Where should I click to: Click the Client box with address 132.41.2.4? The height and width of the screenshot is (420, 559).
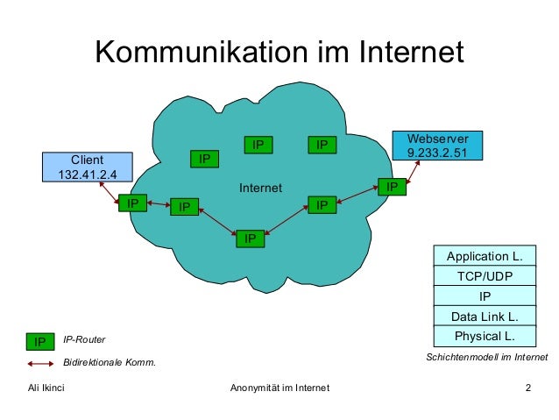pos(88,167)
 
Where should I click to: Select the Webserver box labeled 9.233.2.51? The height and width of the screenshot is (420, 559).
pos(437,146)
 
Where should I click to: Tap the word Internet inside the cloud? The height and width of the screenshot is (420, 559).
pos(260,188)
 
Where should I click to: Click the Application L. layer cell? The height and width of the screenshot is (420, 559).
pos(485,255)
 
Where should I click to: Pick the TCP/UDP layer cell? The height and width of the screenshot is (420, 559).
pos(485,275)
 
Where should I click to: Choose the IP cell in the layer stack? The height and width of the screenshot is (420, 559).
pos(485,295)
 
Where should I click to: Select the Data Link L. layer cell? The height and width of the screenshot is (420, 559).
pos(485,316)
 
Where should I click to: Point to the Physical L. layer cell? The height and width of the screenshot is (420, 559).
pos(485,336)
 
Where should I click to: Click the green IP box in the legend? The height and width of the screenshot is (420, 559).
pos(40,341)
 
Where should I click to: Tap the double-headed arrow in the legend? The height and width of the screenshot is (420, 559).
pos(40,364)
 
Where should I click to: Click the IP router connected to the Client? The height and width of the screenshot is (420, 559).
pos(132,203)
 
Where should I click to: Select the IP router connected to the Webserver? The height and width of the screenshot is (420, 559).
pos(392,187)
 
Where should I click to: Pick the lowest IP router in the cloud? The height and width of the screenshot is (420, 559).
pos(251,238)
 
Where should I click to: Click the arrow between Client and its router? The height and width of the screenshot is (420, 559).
pos(109,192)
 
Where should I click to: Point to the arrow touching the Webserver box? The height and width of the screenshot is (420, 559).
pos(413,172)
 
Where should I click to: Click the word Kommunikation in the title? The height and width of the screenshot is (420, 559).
pos(202,52)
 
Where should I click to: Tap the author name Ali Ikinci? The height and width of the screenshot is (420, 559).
pos(46,388)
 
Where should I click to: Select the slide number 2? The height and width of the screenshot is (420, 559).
pos(528,388)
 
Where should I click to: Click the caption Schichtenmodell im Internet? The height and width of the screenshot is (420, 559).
pos(486,357)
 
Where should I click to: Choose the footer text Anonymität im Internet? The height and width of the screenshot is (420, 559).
pos(279,388)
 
